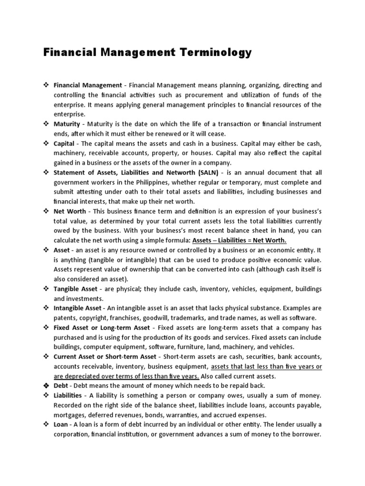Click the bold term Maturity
click(x=67, y=124)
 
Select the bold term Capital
click(x=64, y=143)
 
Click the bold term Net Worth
click(x=70, y=211)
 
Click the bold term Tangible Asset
click(x=76, y=289)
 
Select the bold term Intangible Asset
click(x=77, y=308)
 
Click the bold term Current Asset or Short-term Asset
click(x=105, y=356)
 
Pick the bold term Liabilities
click(x=69, y=395)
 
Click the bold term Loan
click(x=61, y=424)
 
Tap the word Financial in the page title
click(x=75, y=53)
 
